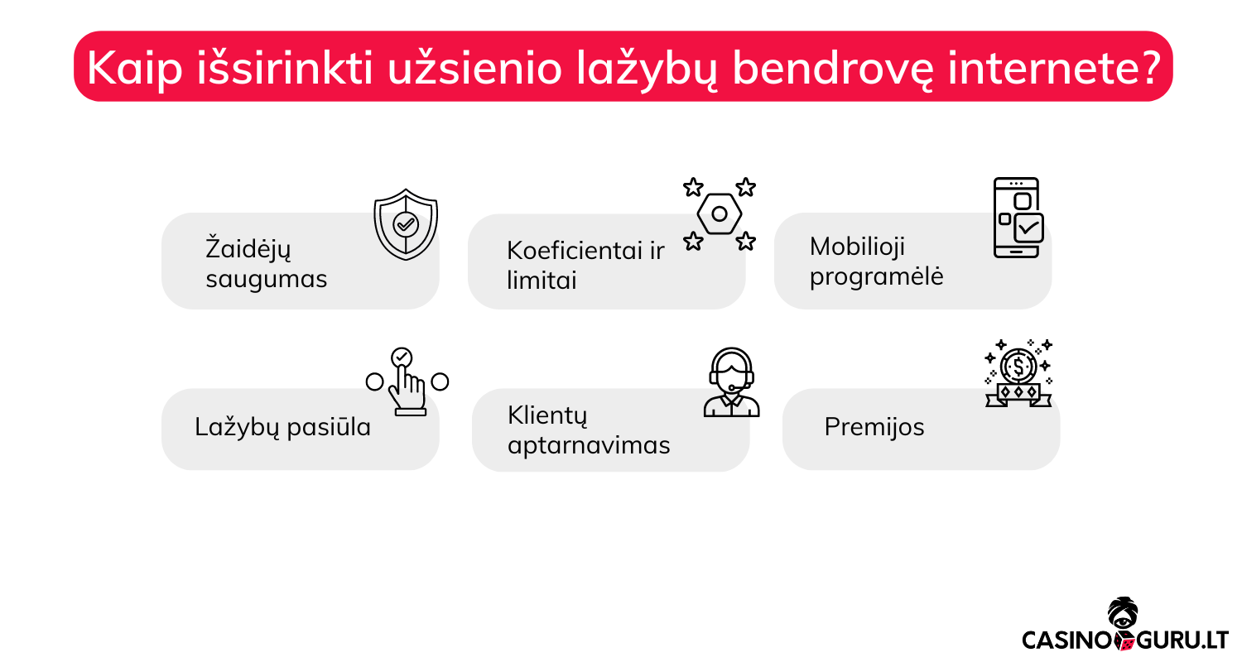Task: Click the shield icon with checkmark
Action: pos(406,224)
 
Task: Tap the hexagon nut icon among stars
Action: pos(720,213)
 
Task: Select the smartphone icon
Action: pos(1018,218)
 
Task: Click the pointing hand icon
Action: pos(407,381)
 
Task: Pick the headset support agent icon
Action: pos(731,382)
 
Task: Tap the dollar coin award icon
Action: pos(1018,373)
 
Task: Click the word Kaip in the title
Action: pos(135,68)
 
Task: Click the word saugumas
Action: pos(266,279)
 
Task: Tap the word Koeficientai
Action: pos(575,251)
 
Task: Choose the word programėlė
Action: pos(876,276)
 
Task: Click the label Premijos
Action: pos(874,426)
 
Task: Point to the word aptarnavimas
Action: pos(589,445)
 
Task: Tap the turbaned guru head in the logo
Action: pos(1123,614)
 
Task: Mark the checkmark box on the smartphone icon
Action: pos(1029,228)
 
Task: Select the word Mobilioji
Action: pos(857,247)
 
